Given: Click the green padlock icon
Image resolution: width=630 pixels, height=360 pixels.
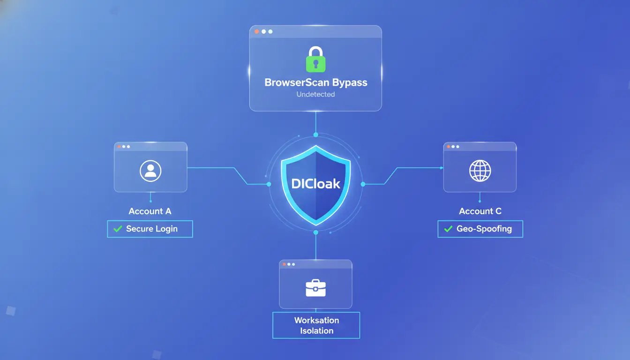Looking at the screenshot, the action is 315,60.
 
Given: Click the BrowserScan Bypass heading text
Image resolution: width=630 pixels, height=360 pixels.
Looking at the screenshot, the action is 316,82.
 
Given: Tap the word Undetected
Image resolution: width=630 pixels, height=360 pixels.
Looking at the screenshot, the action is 315,94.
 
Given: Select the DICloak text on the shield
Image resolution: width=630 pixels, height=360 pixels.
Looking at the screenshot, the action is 315,184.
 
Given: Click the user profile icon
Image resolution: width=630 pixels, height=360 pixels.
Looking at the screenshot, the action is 150,171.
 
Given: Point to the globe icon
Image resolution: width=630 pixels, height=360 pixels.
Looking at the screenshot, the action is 480,171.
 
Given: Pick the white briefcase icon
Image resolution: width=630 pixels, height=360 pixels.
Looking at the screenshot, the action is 315,288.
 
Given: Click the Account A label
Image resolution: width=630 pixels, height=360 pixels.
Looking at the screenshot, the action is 150,211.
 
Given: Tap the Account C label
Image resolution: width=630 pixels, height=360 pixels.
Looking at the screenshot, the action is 480,211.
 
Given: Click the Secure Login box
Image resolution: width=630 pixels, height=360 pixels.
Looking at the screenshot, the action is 150,229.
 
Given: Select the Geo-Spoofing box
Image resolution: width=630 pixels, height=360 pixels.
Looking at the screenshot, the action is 480,229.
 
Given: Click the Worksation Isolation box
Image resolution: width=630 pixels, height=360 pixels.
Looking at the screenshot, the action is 316,325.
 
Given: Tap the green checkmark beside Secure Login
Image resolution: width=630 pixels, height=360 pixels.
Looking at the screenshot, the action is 118,229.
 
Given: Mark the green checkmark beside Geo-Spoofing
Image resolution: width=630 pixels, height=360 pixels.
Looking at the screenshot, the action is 448,229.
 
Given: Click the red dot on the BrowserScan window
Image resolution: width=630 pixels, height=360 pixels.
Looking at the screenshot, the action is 256,31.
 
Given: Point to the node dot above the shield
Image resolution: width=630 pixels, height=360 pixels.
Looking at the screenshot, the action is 316,135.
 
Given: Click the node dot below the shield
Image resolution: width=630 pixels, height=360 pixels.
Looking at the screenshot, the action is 316,232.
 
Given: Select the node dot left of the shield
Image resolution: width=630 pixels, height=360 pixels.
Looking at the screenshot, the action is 269,184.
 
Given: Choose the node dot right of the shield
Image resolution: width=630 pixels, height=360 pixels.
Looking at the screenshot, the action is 363,184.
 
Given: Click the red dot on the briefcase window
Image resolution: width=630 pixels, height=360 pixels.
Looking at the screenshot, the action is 285,264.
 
